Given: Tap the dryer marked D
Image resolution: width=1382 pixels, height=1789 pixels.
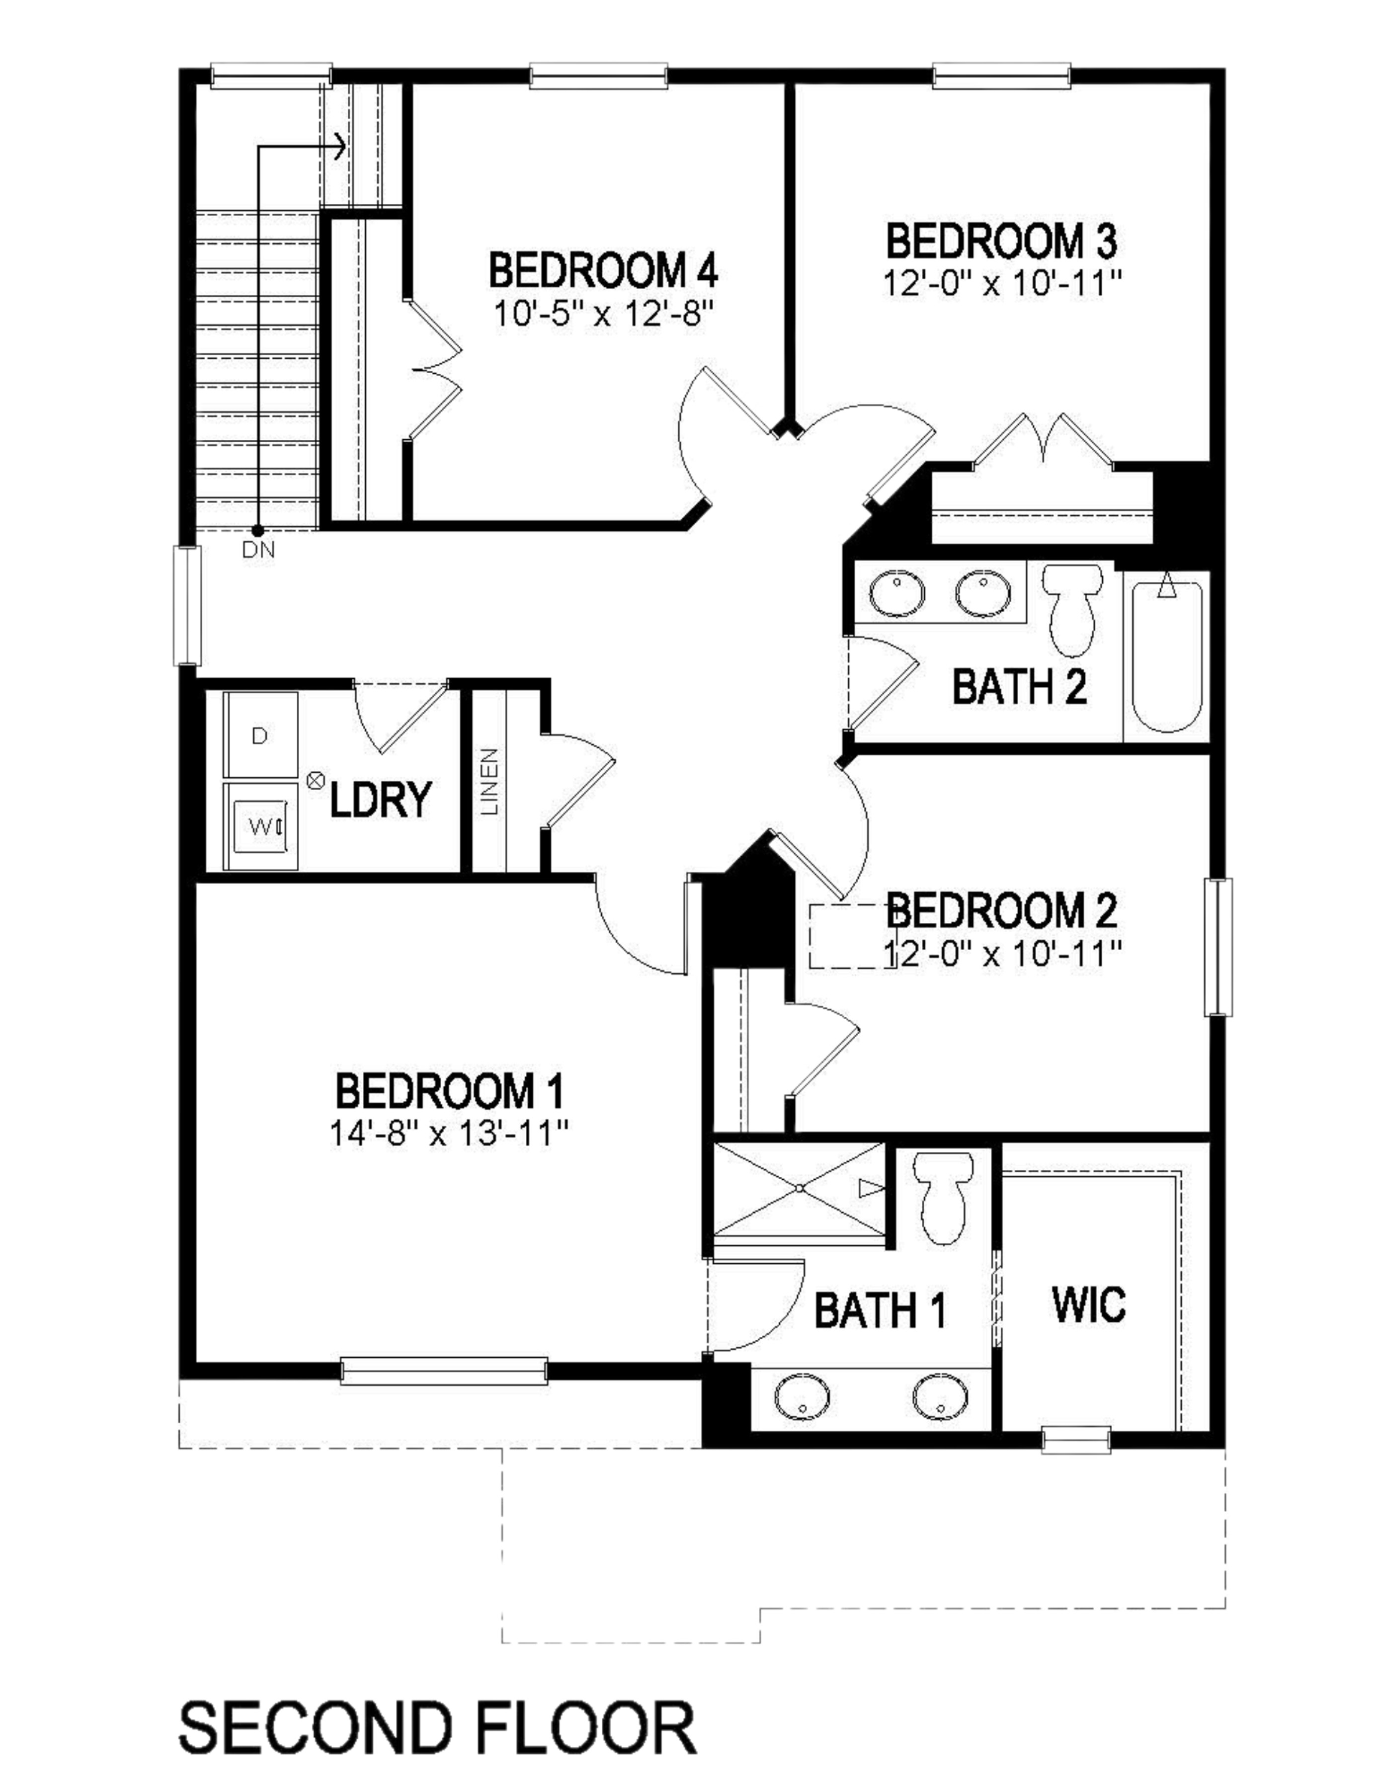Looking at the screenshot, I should click(x=260, y=735).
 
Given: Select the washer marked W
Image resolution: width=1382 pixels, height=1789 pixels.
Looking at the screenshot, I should click(x=260, y=826).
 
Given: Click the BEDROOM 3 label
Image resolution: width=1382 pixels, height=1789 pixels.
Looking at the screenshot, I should click(x=1001, y=241).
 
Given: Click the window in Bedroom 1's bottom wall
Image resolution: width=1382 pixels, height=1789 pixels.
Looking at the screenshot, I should click(x=444, y=1371).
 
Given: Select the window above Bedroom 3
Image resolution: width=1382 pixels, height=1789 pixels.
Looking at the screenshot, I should click(x=1001, y=76).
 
